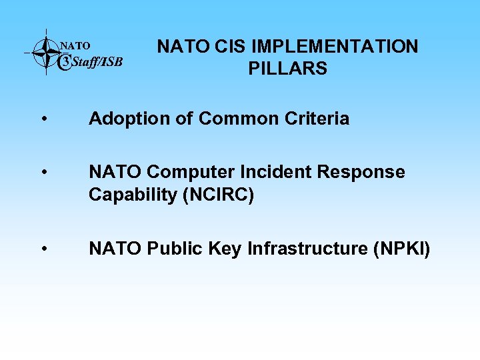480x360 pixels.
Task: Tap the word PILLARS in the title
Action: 287,69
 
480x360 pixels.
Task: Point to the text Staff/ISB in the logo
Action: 97,63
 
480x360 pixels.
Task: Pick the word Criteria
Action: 319,119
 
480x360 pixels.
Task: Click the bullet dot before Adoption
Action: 43,120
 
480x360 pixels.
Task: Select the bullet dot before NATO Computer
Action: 43,173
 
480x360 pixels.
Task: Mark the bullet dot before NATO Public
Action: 43,250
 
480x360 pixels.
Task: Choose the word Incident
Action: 276,173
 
